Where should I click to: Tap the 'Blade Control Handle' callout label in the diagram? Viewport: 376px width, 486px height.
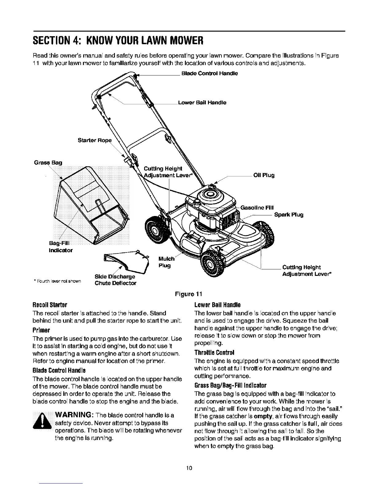(x=210, y=74)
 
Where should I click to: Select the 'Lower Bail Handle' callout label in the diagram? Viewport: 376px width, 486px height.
(x=202, y=103)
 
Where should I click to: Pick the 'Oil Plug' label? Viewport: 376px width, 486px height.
(x=264, y=175)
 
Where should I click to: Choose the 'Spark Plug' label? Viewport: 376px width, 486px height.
(x=289, y=215)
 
